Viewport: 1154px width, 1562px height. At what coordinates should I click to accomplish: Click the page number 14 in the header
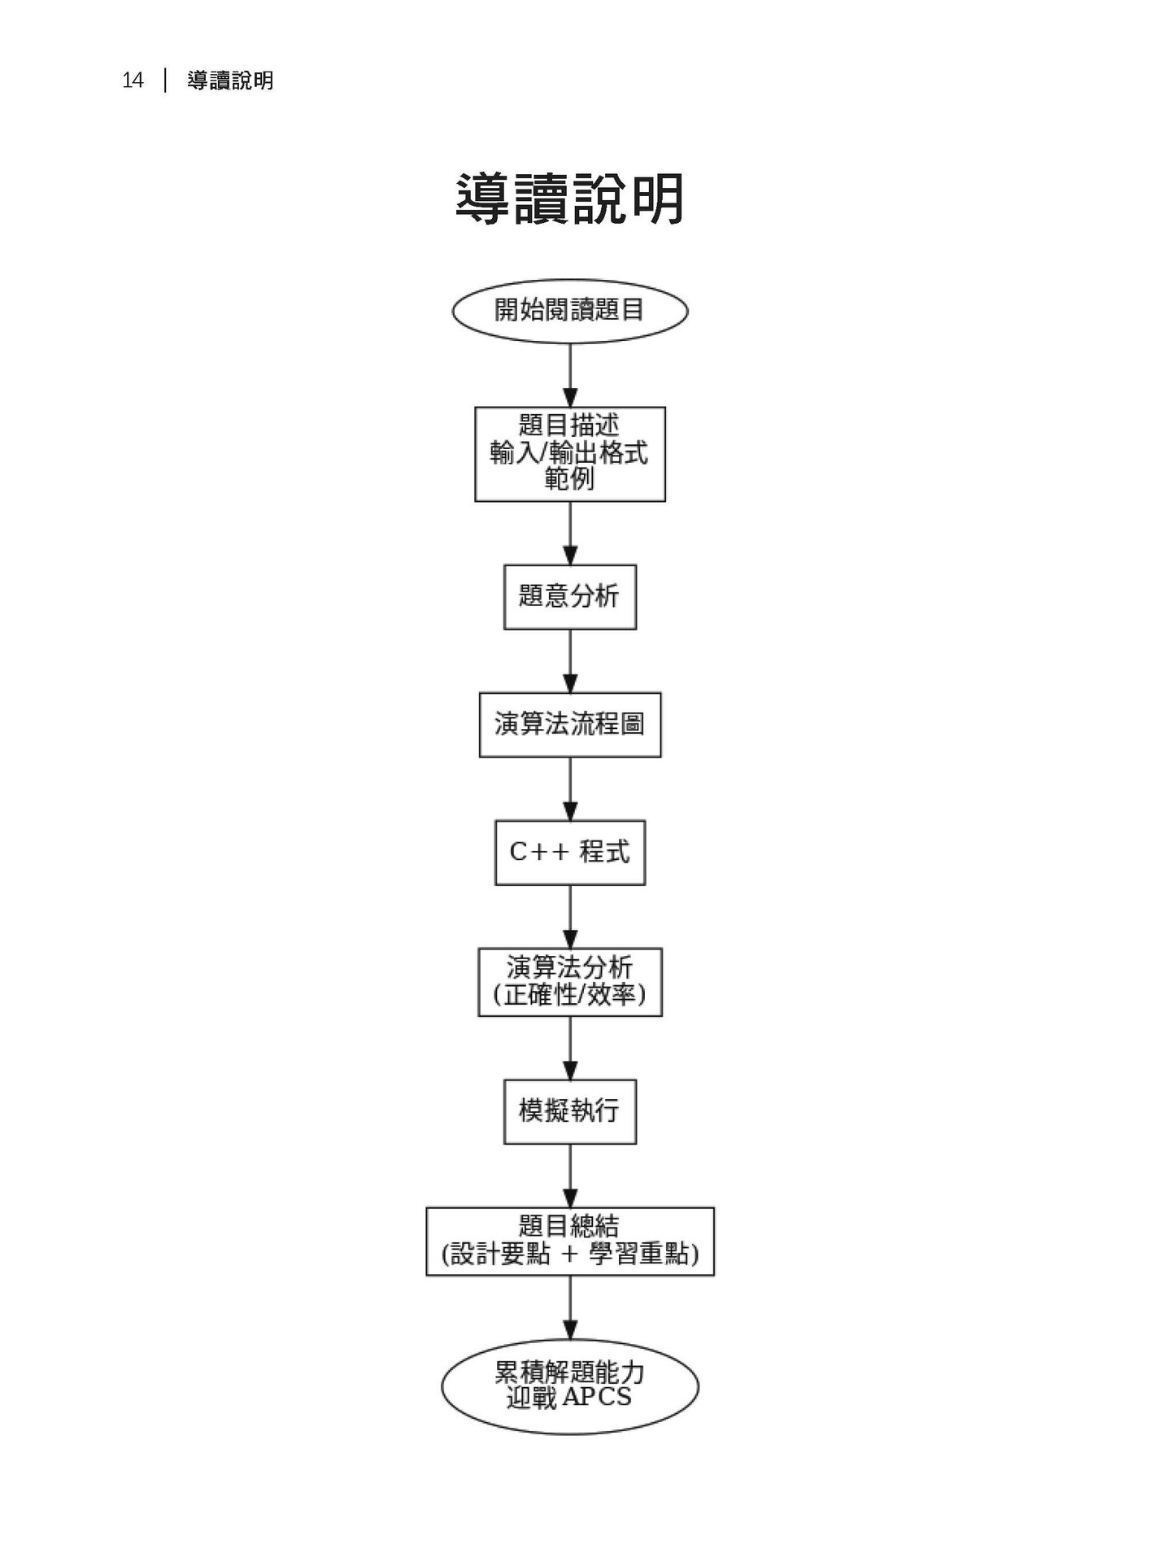133,81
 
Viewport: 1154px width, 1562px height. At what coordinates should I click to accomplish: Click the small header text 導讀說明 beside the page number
230,81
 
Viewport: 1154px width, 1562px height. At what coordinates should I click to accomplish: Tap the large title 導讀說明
569,199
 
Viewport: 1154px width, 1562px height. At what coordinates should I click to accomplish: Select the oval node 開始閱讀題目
569,310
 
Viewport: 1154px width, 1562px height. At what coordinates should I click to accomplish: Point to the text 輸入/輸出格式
569,452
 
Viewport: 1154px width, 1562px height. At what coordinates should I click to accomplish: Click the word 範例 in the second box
569,479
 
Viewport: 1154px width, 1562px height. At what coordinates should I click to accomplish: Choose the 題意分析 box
569,596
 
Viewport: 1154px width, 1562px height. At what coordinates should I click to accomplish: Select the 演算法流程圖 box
569,724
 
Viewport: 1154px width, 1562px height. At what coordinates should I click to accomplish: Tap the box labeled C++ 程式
569,852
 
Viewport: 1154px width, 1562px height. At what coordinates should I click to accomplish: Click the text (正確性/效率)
569,995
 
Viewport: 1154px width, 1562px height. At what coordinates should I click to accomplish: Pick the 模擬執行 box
569,1110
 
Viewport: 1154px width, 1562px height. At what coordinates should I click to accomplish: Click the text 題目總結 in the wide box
569,1226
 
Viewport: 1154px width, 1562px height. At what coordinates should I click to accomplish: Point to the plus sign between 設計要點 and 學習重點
569,1254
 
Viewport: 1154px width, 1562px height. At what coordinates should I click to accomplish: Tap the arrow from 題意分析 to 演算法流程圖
570,661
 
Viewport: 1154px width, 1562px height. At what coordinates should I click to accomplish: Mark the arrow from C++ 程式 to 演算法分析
570,916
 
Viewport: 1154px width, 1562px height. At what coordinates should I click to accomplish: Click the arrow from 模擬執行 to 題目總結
570,1176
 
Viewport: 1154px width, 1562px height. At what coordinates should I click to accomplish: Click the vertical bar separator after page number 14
166,81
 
